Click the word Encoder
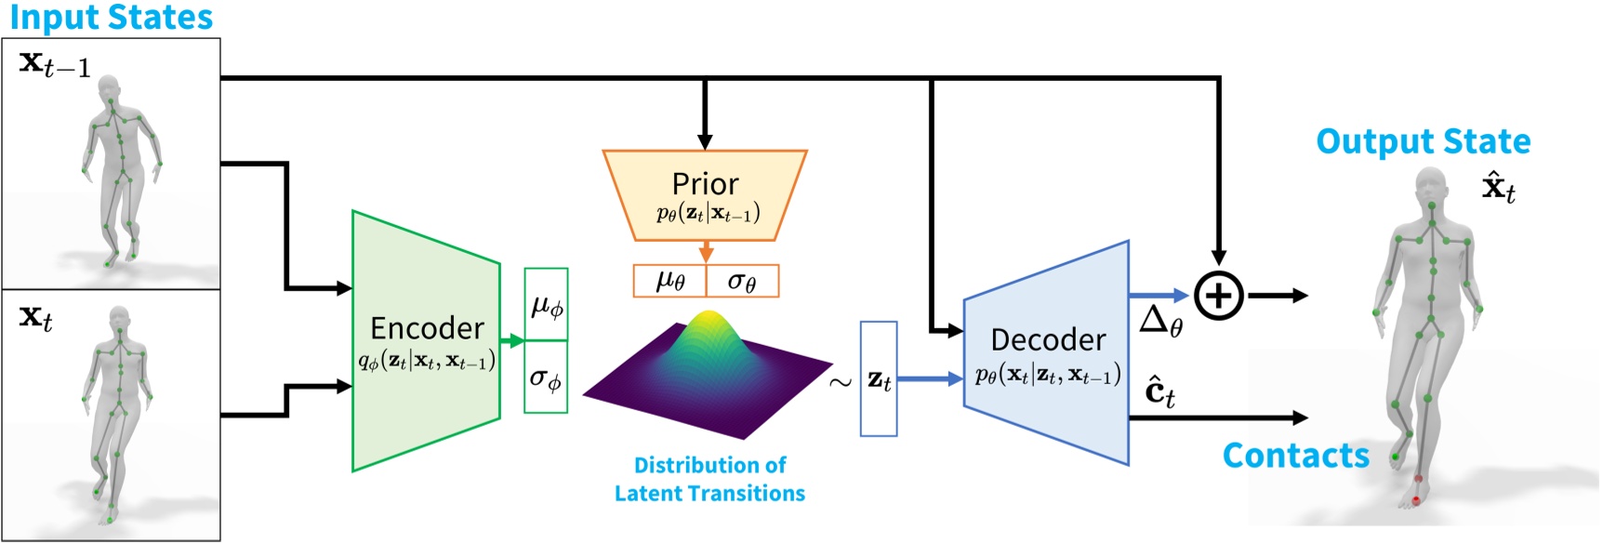[427, 328]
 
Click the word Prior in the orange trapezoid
[705, 183]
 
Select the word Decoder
[1048, 339]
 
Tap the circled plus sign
[1218, 296]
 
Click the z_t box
[879, 378]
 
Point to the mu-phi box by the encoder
[546, 305]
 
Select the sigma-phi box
[546, 378]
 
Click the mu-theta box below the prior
[669, 281]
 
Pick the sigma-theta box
[742, 281]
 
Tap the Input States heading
[111, 17]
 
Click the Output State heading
[1423, 141]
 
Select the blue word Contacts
[1295, 456]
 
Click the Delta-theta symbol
[1160, 322]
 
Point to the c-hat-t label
[1159, 391]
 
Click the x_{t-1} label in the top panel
[55, 64]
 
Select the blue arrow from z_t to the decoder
[930, 378]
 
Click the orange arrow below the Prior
[706, 252]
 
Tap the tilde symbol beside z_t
[841, 381]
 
